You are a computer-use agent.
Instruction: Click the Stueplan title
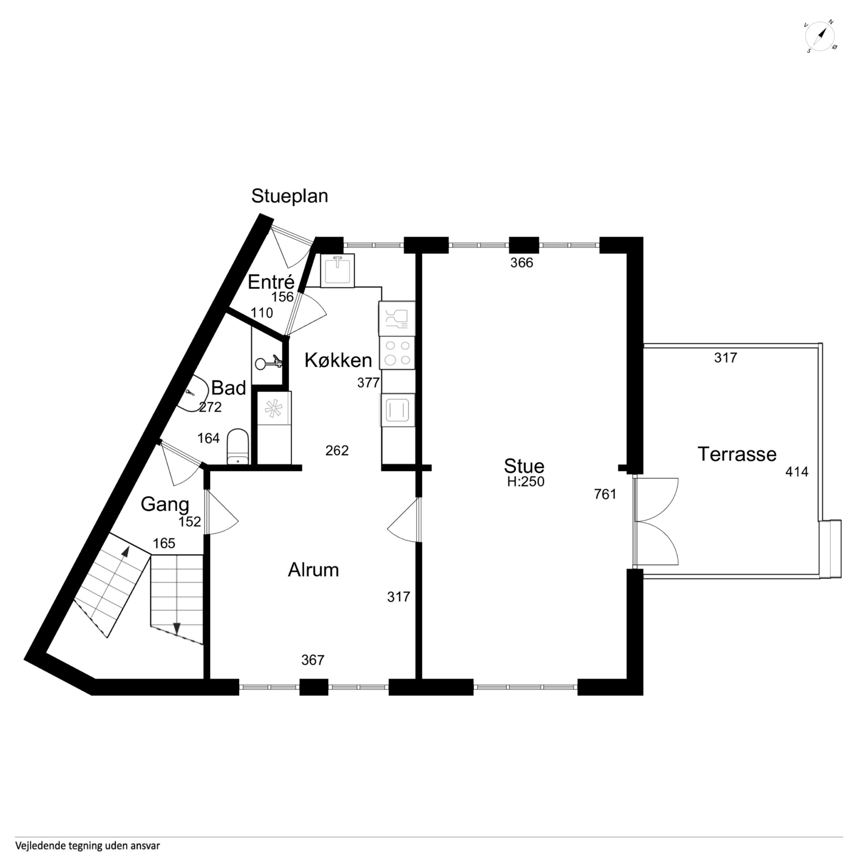click(290, 196)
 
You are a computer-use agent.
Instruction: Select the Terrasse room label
click(737, 454)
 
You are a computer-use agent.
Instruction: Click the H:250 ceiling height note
click(526, 482)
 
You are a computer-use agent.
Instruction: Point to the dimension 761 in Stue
click(605, 494)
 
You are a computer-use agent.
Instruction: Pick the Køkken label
click(338, 360)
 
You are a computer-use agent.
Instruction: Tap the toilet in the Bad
click(238, 447)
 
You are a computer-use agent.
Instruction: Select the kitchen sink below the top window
click(338, 270)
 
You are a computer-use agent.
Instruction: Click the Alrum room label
click(314, 570)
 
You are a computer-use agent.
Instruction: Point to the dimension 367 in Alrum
click(313, 660)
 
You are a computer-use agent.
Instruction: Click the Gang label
click(165, 505)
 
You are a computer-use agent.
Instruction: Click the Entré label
click(271, 282)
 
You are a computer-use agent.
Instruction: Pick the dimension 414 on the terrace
click(797, 472)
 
